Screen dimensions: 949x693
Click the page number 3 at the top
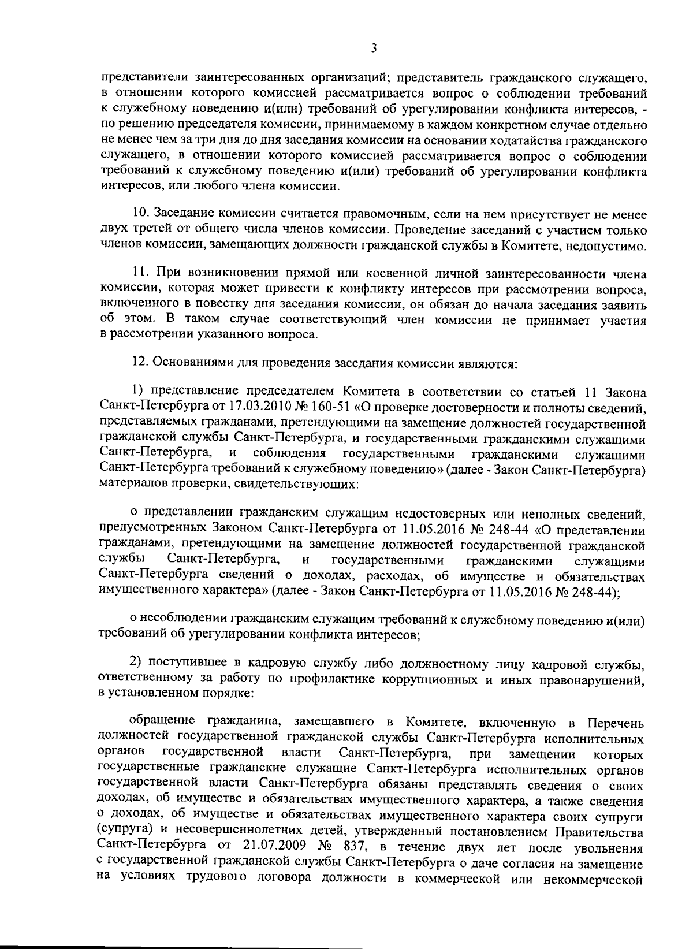tap(374, 49)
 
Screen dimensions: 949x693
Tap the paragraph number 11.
tap(139, 274)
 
